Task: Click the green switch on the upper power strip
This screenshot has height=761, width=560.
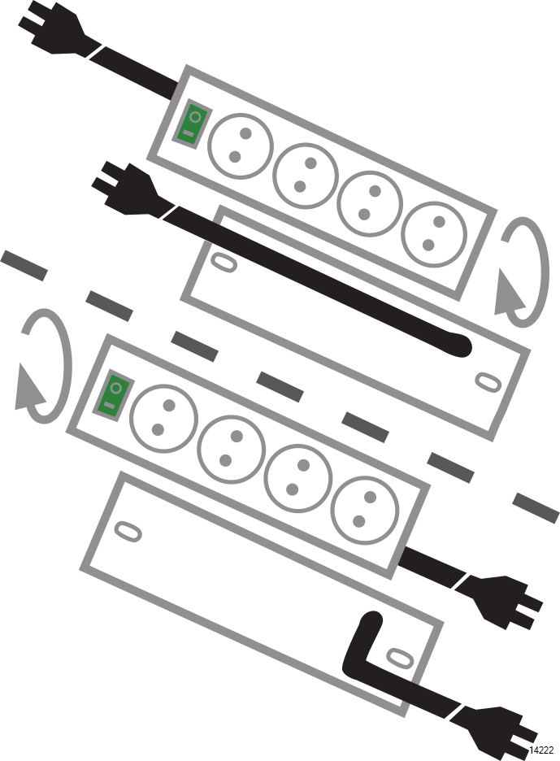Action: pos(193,124)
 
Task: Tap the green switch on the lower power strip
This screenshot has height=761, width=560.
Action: pos(114,395)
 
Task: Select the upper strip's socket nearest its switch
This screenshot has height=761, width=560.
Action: pos(241,146)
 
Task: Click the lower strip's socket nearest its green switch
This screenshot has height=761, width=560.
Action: pos(163,418)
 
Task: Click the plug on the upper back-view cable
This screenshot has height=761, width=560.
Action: pos(127,189)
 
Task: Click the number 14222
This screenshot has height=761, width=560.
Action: pos(541,750)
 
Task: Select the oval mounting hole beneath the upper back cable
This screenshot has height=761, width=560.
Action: pos(224,262)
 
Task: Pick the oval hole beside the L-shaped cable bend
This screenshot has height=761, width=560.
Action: pos(401,657)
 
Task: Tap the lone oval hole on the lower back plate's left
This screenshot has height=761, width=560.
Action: pos(128,532)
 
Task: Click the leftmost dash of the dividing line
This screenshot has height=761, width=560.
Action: pos(24,266)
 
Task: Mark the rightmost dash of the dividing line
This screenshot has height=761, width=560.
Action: pos(536,507)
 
